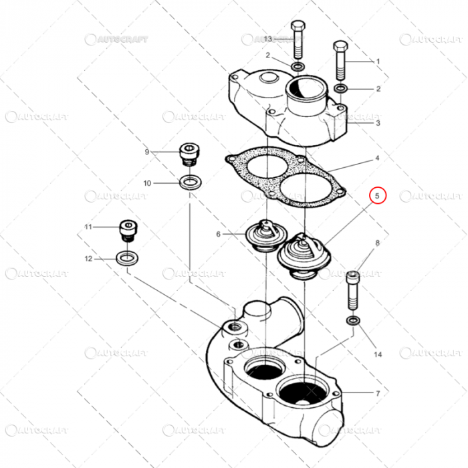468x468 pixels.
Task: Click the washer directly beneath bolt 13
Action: coord(298,66)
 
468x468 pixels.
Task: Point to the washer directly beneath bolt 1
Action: coord(340,89)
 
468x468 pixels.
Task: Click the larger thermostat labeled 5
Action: coord(298,254)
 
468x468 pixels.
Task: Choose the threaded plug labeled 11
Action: coord(126,231)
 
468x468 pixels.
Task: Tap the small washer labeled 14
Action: coord(352,321)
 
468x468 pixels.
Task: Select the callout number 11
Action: coord(88,227)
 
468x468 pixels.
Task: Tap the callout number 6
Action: coord(218,234)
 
